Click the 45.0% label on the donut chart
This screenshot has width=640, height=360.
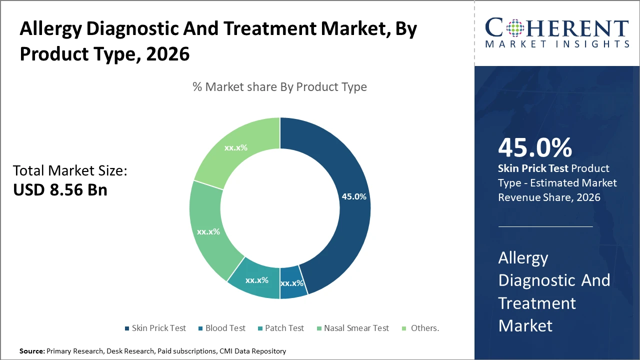point(353,196)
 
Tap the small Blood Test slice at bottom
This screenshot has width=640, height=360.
point(292,283)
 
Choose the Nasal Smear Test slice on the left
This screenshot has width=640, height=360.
point(208,231)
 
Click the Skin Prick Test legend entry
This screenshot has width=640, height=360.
point(158,328)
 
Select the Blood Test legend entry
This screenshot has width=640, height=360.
point(225,328)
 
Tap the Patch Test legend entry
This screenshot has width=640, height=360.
point(284,328)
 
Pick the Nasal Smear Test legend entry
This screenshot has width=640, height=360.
point(356,328)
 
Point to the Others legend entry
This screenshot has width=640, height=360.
point(424,328)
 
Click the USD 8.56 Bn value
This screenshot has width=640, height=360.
point(60,190)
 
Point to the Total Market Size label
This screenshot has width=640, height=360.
point(70,171)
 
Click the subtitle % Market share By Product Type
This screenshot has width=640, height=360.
point(279,87)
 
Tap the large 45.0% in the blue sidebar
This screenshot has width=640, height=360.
point(534,148)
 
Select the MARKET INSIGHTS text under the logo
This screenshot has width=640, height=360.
point(557,44)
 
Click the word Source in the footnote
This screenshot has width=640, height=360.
point(31,351)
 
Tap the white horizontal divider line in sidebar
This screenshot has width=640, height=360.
point(545,226)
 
